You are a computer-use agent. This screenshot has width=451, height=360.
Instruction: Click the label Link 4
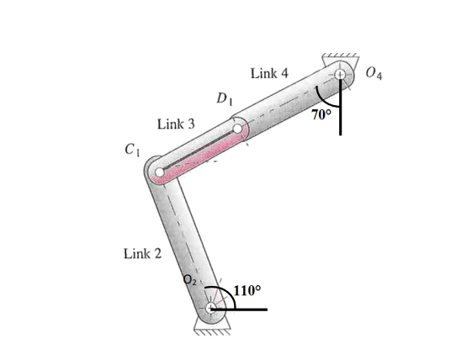pos(269,74)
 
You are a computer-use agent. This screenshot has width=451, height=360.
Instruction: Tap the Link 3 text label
pos(176,124)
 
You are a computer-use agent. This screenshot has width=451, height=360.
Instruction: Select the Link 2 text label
pos(142,253)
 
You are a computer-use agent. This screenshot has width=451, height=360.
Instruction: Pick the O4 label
pos(375,77)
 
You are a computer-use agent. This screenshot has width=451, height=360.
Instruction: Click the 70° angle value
pos(322,114)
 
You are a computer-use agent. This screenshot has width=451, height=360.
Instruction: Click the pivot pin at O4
pos(341,76)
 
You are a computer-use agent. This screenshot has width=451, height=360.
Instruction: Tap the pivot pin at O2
pos(211,310)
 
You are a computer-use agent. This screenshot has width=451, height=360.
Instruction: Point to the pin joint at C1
pos(159,175)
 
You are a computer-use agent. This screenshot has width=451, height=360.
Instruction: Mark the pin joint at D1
pos(239,130)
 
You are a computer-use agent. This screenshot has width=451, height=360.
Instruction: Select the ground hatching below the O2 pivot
pos(211,330)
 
